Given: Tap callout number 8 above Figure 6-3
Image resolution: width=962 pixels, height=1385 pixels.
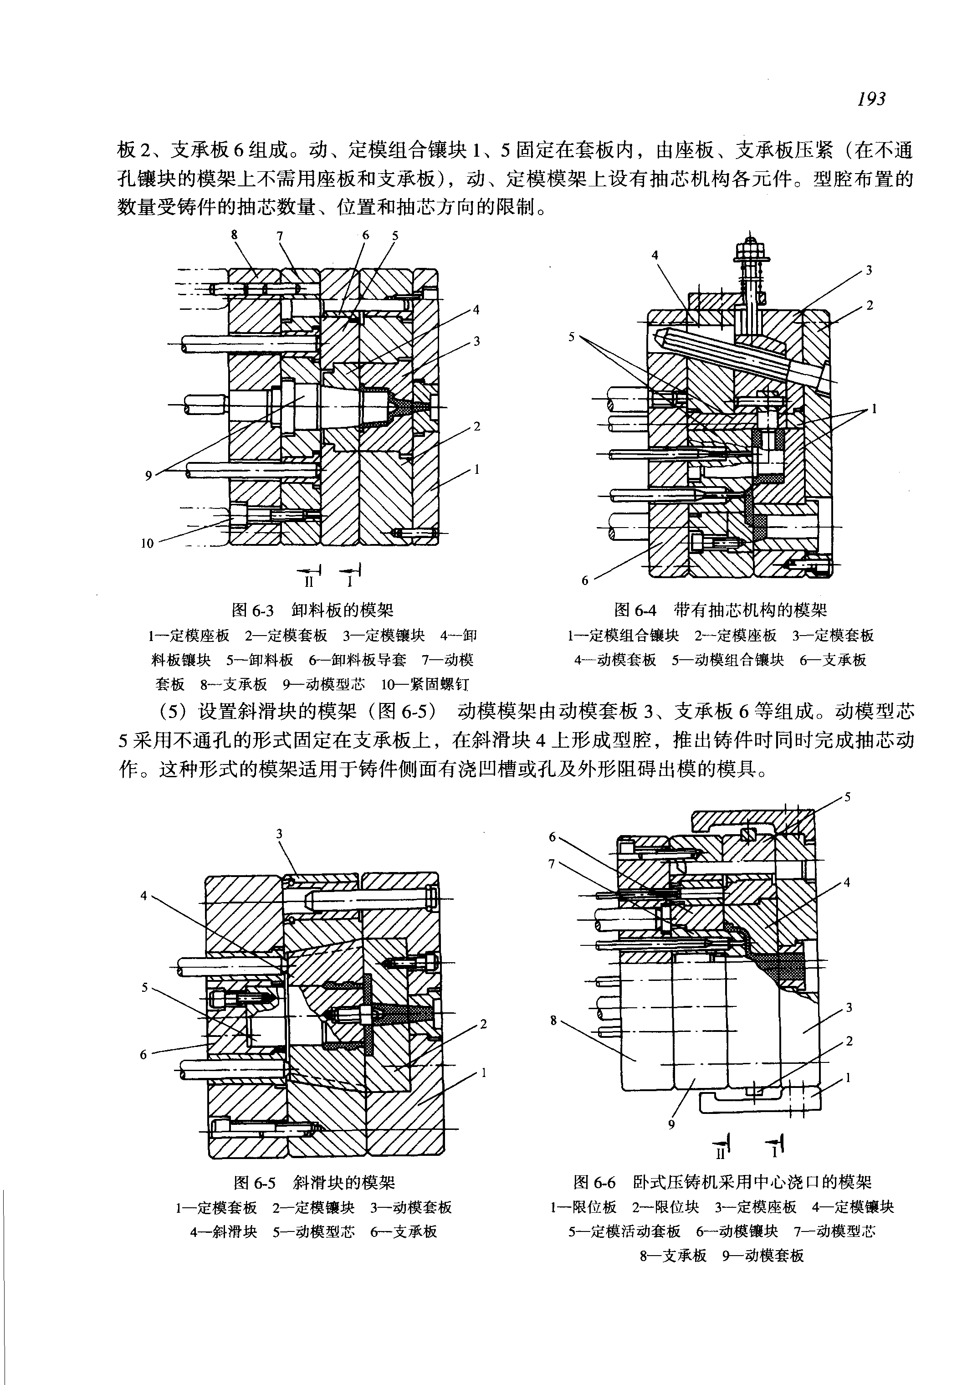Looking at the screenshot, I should click(235, 234).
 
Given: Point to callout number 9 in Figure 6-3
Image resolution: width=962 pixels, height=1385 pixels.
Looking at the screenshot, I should click(148, 476).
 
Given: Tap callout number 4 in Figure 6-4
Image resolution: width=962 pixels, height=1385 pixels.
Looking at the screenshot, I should click(655, 255).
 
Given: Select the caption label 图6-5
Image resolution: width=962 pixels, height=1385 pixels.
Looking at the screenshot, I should click(254, 1182).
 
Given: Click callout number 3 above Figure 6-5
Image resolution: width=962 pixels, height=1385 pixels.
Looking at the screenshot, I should click(280, 834).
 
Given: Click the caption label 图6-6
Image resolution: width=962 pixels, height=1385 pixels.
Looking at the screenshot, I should click(594, 1182).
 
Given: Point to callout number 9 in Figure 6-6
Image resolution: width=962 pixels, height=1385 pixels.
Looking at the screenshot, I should click(671, 1124).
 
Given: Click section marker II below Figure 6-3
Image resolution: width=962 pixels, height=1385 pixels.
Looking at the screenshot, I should click(309, 582).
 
